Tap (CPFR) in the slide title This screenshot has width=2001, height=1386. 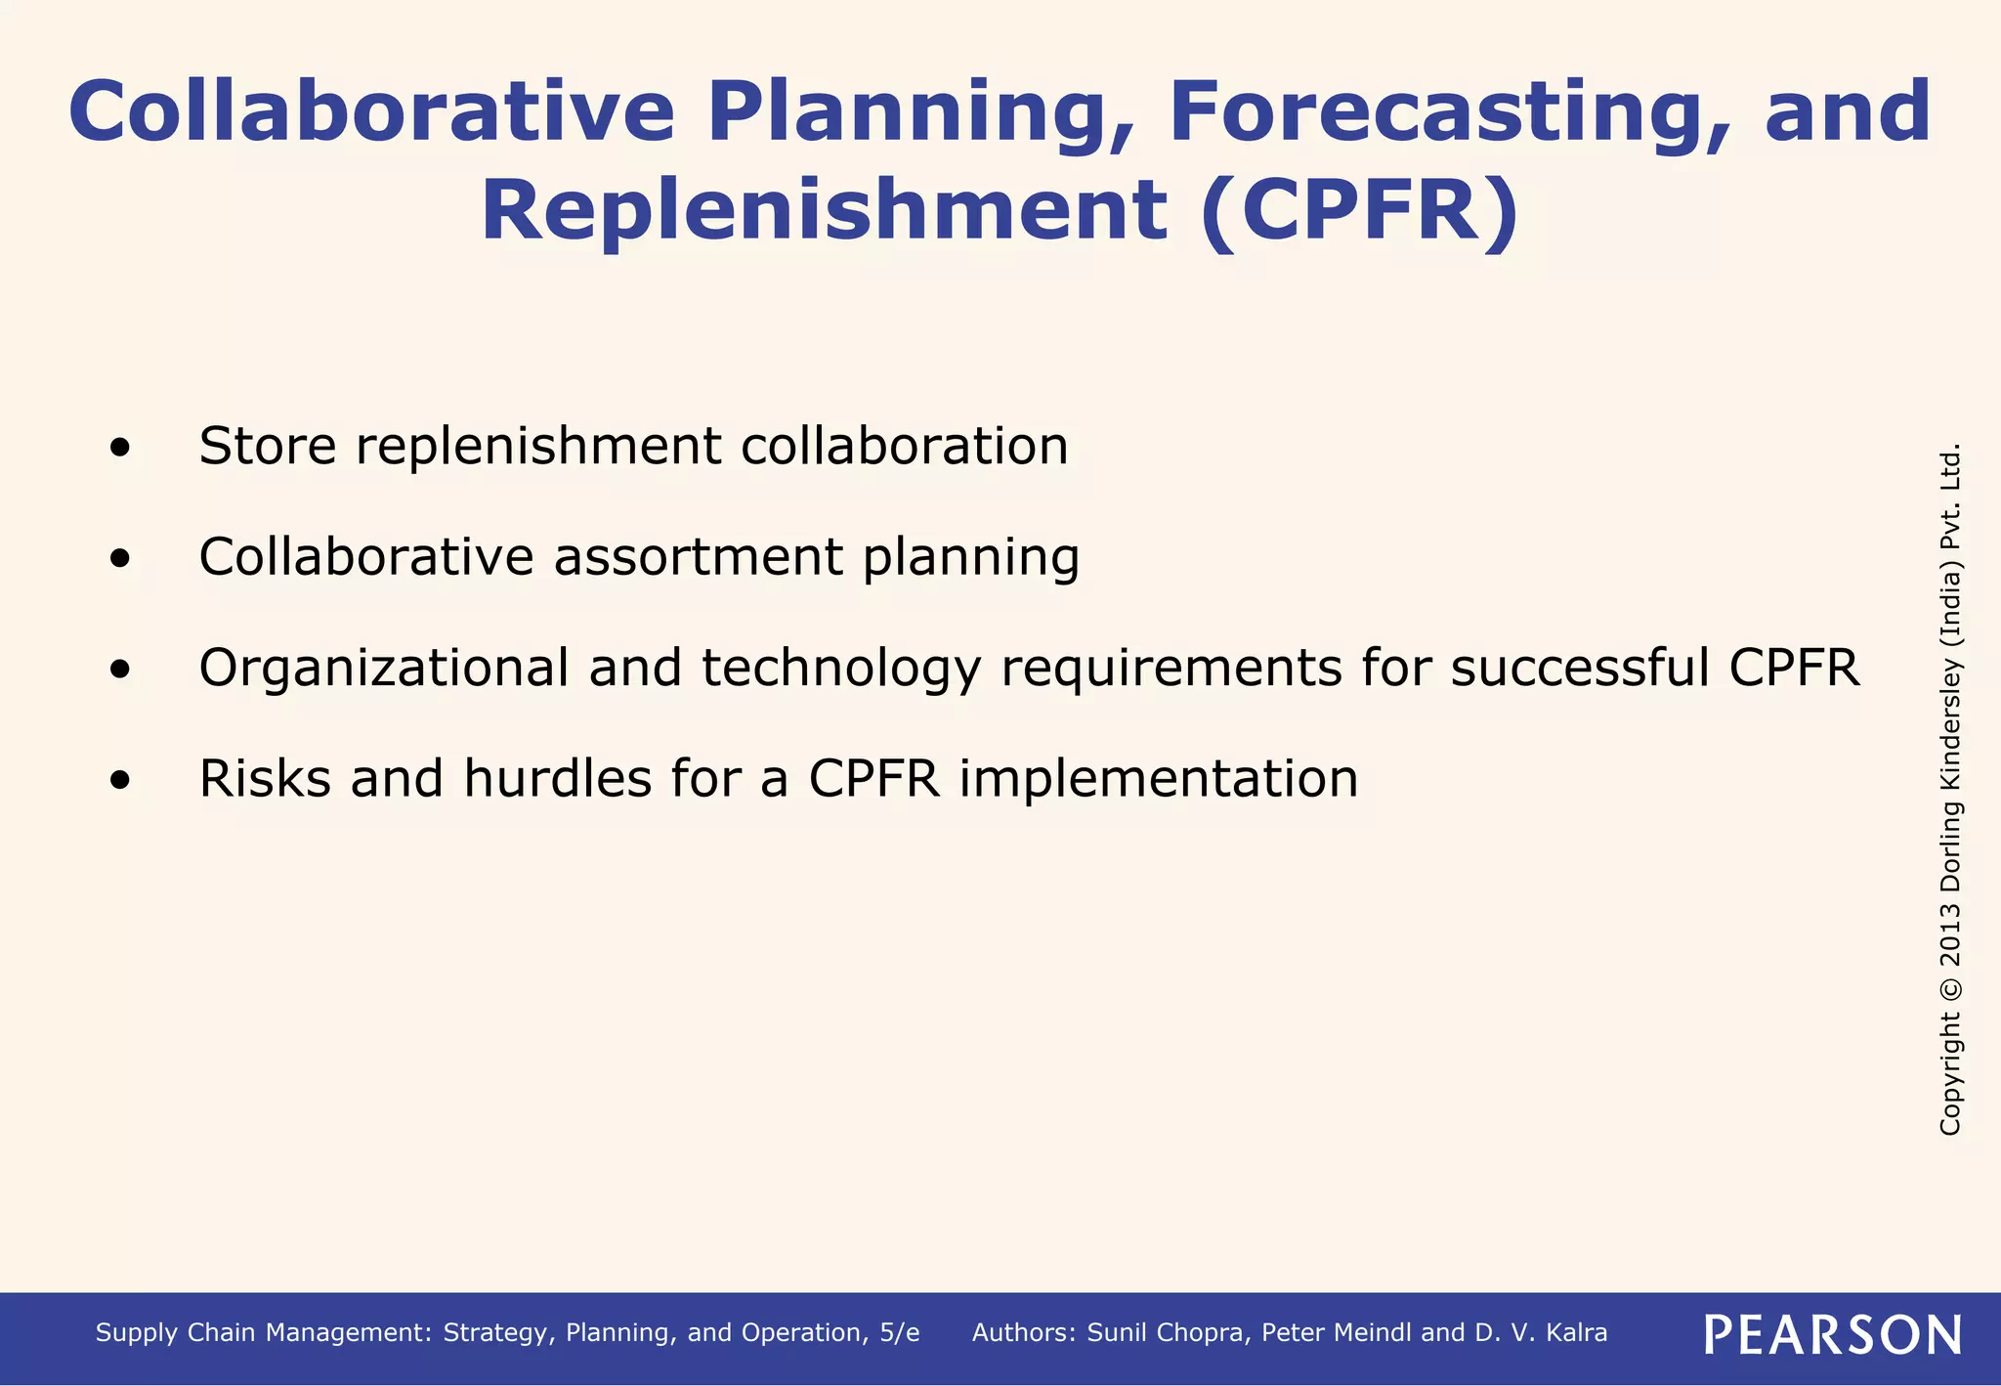(x=1359, y=212)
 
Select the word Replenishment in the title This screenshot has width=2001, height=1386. (x=824, y=212)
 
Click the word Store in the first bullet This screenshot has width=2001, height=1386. (x=267, y=447)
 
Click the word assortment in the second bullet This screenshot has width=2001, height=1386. (x=698, y=558)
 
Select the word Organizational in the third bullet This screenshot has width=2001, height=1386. (x=383, y=669)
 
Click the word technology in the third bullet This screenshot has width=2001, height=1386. (x=840, y=669)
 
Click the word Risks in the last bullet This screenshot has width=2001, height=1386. (x=265, y=780)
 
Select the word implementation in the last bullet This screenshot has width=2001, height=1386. (x=1158, y=780)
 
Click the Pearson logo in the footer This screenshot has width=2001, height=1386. (x=1832, y=1334)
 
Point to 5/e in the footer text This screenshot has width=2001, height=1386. (x=899, y=1333)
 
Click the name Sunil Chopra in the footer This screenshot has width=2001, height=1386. (x=1168, y=1333)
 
